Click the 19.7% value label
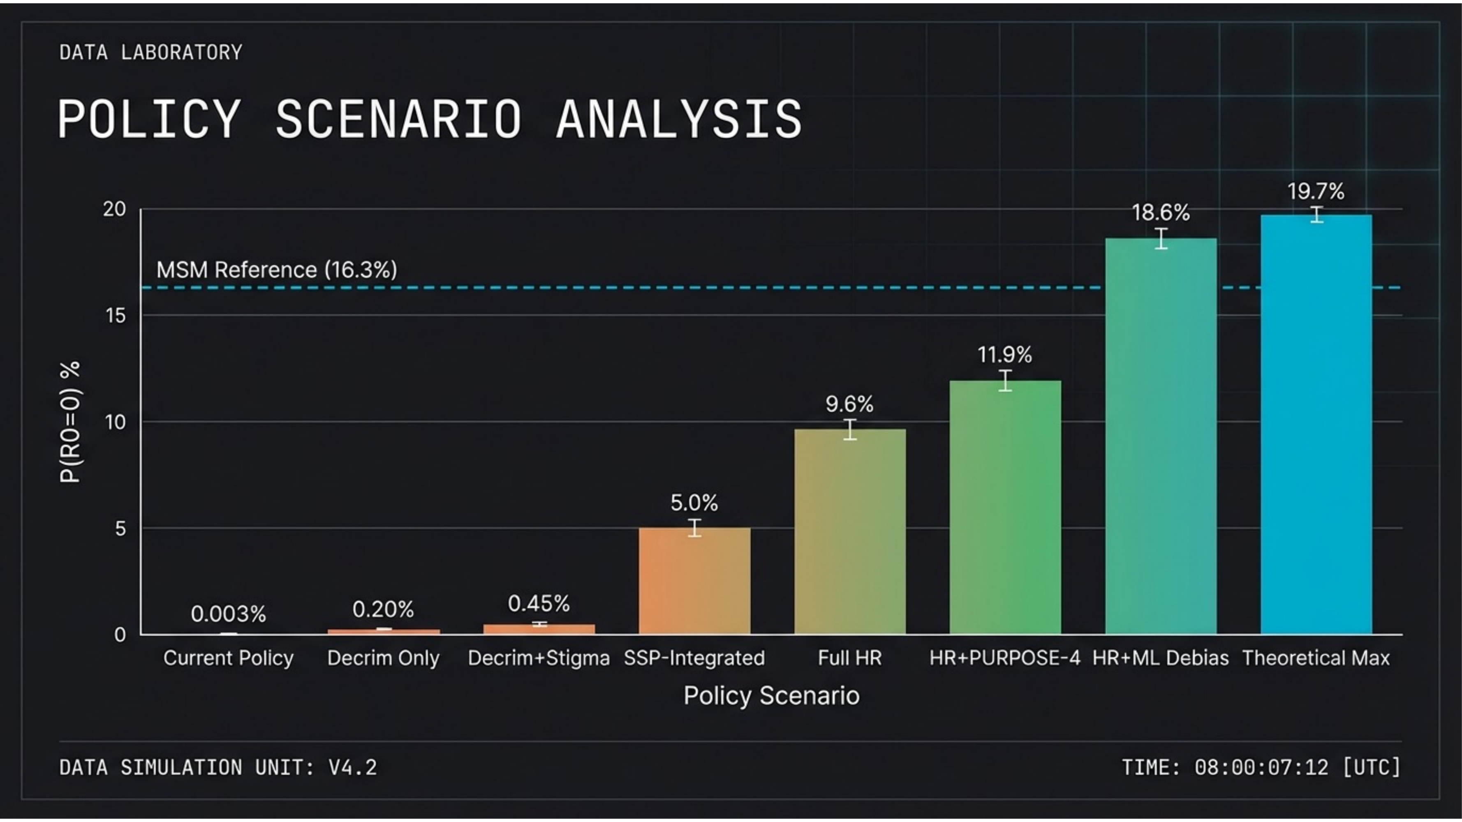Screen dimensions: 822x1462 pos(1316,191)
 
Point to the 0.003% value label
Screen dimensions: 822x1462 pos(228,614)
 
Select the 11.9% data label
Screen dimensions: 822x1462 pos(1004,355)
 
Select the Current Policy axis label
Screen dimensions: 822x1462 pos(228,658)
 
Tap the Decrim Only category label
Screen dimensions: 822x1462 pos(383,658)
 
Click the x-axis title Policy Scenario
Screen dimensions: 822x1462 pos(771,695)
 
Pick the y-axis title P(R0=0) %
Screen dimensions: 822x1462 pos(70,422)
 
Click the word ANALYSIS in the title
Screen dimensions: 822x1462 pos(679,119)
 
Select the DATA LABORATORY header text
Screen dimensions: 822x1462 pos(151,53)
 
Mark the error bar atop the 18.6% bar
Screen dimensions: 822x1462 pos(1161,238)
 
